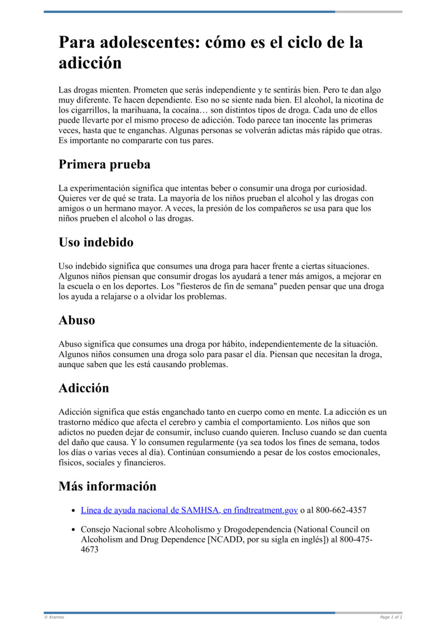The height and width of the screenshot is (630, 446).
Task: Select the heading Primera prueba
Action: point(104,164)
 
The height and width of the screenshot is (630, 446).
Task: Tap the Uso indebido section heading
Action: point(96,243)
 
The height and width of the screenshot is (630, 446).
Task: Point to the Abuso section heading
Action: point(77,321)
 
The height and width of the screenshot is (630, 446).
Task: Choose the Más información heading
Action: point(108,486)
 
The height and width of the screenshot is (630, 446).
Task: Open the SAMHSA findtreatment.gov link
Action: point(189,510)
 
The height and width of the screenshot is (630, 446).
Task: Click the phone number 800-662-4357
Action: point(341,510)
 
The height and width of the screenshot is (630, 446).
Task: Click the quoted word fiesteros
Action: point(182,286)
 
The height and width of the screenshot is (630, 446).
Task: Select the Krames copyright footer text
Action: point(54,617)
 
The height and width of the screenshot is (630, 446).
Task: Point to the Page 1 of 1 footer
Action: point(391,617)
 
